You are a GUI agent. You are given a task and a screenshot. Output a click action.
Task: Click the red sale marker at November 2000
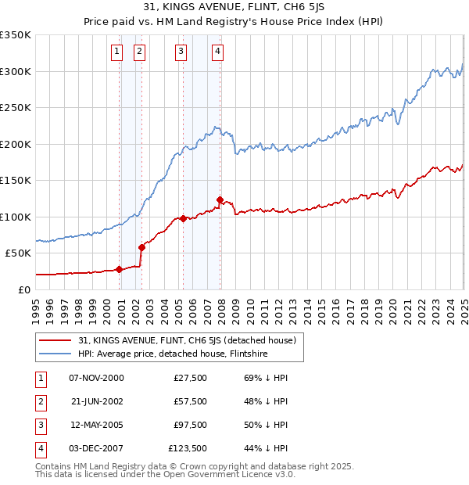(x=119, y=270)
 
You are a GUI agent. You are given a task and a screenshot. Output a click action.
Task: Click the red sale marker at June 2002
(x=141, y=248)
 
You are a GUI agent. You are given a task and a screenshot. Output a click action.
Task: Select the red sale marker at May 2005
(x=183, y=219)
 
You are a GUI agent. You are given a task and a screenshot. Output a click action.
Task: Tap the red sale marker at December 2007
(x=220, y=199)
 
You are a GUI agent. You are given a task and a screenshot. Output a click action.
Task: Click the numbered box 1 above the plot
(x=116, y=52)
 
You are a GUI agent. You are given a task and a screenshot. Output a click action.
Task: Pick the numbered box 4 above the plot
(x=217, y=52)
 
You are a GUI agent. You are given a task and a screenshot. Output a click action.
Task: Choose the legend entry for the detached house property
(x=186, y=340)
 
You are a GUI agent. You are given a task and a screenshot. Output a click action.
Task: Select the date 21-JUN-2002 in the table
(x=96, y=401)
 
